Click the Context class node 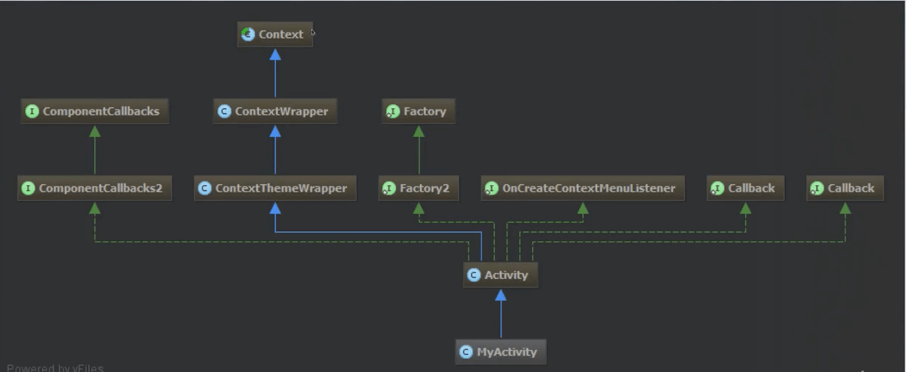click(275, 34)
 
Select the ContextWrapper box click(275, 112)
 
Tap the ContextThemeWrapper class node click(275, 189)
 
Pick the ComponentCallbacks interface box click(95, 112)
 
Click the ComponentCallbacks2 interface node click(95, 189)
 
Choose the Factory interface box click(419, 112)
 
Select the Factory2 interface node click(419, 189)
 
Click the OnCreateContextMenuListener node click(583, 189)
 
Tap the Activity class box click(501, 275)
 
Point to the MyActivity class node click(501, 352)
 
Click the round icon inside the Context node click(249, 34)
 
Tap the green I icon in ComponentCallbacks click(32, 112)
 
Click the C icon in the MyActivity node click(466, 352)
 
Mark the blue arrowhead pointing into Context click(275, 54)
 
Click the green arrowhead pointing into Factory click(419, 131)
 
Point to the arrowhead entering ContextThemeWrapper click(275, 209)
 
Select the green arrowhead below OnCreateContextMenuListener click(583, 209)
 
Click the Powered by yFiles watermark click(55, 368)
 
